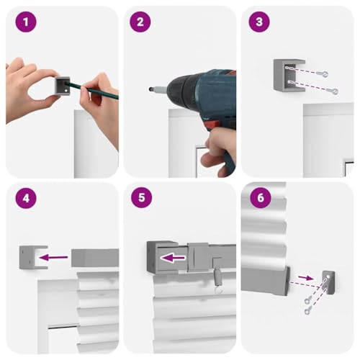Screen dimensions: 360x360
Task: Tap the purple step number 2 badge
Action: pyautogui.click(x=140, y=22)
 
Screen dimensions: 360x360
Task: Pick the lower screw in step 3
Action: pyautogui.click(x=333, y=91)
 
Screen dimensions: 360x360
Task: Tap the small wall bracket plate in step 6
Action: pyautogui.click(x=328, y=282)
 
